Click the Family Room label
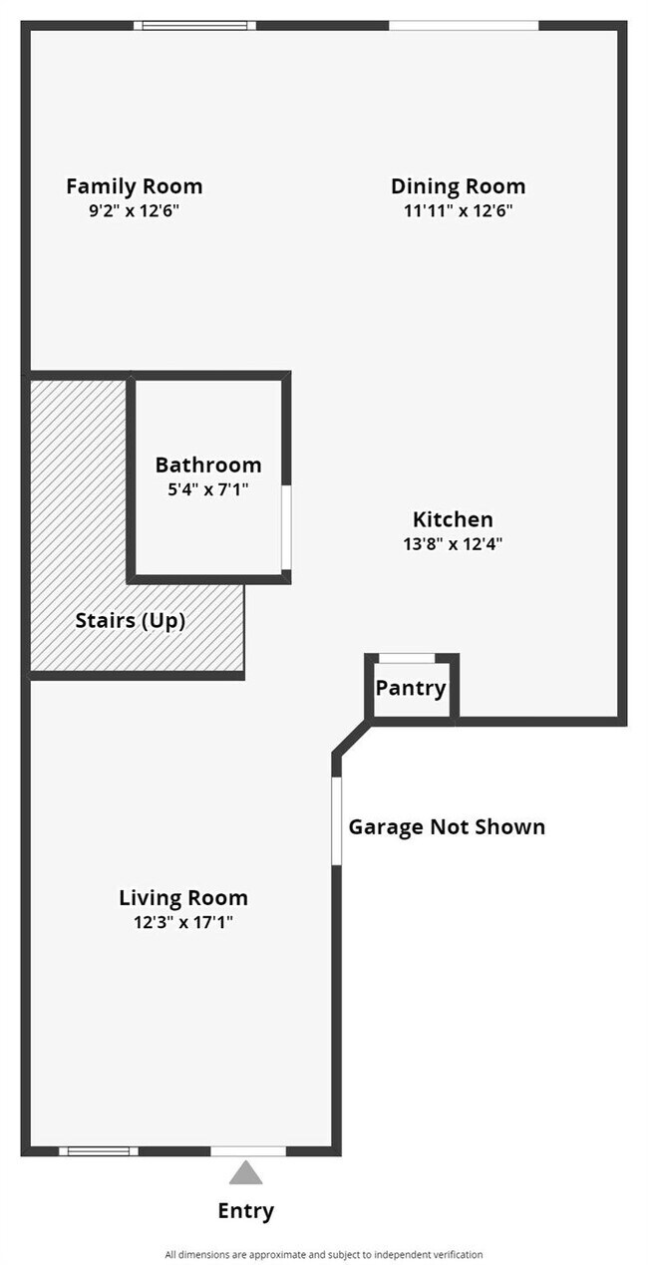point(134,186)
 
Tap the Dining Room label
point(458,186)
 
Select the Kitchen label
point(453,519)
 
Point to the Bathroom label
point(208,465)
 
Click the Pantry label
point(411,688)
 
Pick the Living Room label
point(183,897)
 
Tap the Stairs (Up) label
point(131,620)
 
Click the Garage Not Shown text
point(447,826)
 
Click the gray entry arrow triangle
point(245,1172)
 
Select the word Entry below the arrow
point(245,1211)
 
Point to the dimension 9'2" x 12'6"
point(134,211)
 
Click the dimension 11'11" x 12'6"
point(458,211)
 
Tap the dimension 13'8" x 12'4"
point(453,544)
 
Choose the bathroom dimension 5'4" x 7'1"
point(208,489)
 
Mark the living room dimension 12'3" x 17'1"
point(183,922)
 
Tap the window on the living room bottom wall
point(98,1151)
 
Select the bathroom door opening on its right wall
point(286,528)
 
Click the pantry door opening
point(408,658)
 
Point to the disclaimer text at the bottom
point(324,1254)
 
